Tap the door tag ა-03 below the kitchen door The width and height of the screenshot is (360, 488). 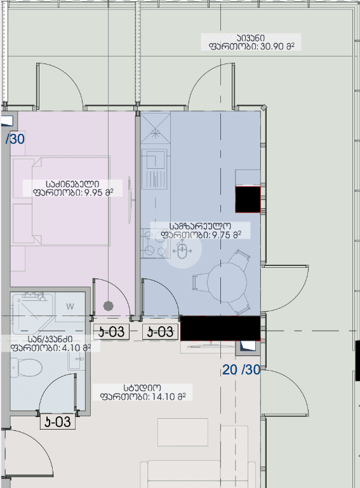coord(159,331)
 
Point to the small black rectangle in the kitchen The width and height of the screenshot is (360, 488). coord(248,199)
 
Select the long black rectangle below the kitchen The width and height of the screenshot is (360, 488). coord(220,328)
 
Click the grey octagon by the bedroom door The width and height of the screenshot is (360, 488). coord(107,305)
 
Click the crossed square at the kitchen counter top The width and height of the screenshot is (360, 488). coord(155,133)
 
